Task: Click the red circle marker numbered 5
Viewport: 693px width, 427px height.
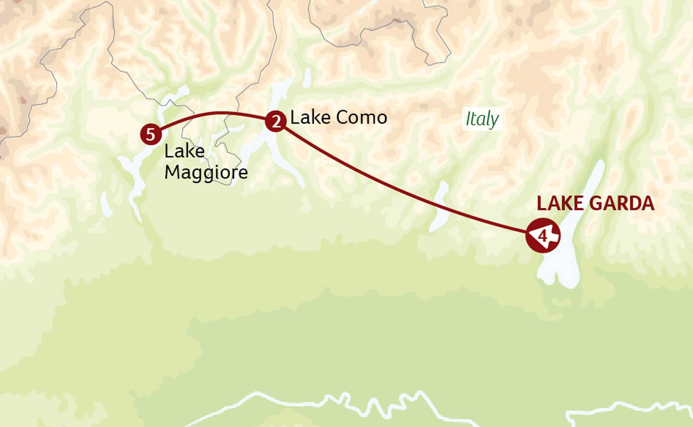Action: pos(151,134)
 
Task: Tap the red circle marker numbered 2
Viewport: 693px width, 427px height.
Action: pos(276,121)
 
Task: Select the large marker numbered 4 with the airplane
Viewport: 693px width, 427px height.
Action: pos(542,236)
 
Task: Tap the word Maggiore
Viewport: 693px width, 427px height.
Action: pos(206,172)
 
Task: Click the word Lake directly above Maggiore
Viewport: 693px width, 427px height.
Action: pos(184,151)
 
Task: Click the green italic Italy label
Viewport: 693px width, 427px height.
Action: pos(482,119)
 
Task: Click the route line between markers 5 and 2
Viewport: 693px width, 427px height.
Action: pos(217,113)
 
